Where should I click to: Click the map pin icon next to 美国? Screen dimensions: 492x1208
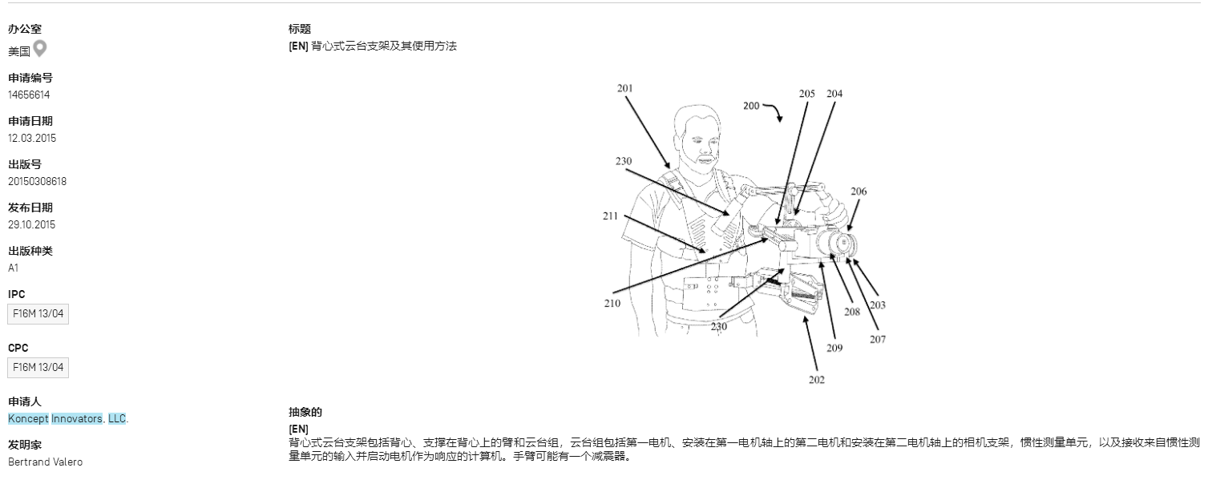(x=39, y=50)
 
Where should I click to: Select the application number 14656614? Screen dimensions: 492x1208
(x=29, y=95)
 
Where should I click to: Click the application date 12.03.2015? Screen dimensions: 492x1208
(x=32, y=138)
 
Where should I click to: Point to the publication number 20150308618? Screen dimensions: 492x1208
(x=37, y=181)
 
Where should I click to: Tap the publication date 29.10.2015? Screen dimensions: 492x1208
(x=32, y=224)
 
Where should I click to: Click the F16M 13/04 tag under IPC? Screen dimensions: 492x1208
(x=38, y=314)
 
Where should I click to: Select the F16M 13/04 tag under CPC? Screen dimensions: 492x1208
(x=38, y=368)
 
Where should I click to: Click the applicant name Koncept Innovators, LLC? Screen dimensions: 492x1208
(x=67, y=418)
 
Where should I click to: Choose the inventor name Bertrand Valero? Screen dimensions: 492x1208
(x=45, y=462)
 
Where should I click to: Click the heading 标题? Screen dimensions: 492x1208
(x=300, y=29)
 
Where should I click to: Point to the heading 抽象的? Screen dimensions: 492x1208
(x=305, y=412)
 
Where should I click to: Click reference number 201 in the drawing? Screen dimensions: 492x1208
(x=625, y=88)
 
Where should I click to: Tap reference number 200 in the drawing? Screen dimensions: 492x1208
(x=751, y=106)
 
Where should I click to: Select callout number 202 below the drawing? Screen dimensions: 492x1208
(x=816, y=379)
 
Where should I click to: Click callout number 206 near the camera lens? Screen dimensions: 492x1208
(x=859, y=192)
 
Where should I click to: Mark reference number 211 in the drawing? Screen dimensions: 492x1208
(x=611, y=216)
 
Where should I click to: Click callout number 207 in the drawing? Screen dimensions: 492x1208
(x=878, y=339)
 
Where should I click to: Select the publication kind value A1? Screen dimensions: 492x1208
(x=14, y=268)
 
